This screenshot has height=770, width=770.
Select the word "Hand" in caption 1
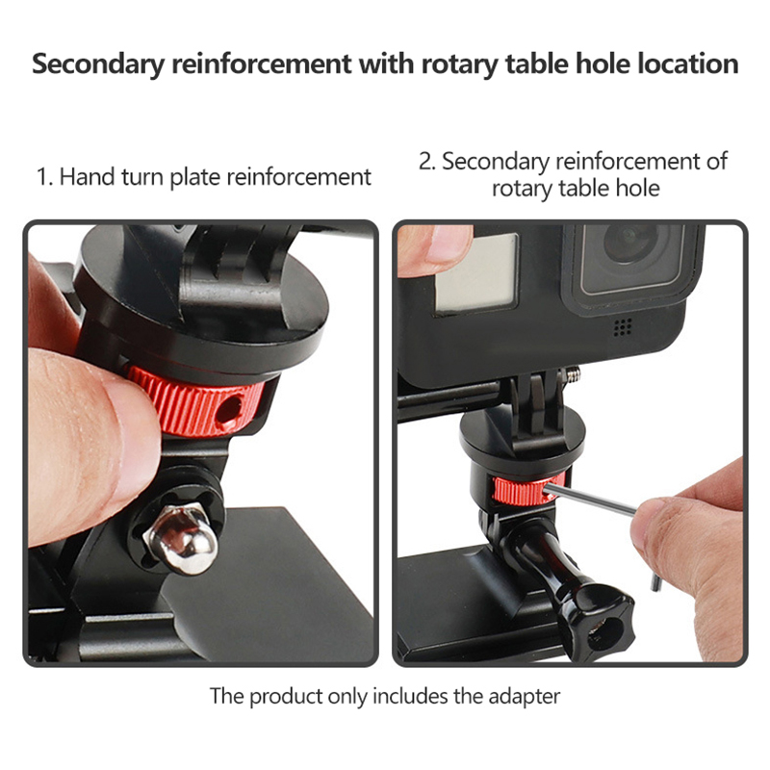(x=87, y=177)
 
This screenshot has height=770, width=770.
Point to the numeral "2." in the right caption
(x=426, y=162)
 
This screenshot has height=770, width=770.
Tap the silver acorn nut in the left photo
(x=181, y=539)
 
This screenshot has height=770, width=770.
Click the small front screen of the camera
(x=475, y=273)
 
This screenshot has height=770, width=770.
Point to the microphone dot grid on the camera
(x=623, y=326)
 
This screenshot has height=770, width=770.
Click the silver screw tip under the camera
(x=572, y=375)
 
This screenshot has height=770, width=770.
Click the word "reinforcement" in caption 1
(x=298, y=177)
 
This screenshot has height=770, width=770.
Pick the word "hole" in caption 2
(x=636, y=188)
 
